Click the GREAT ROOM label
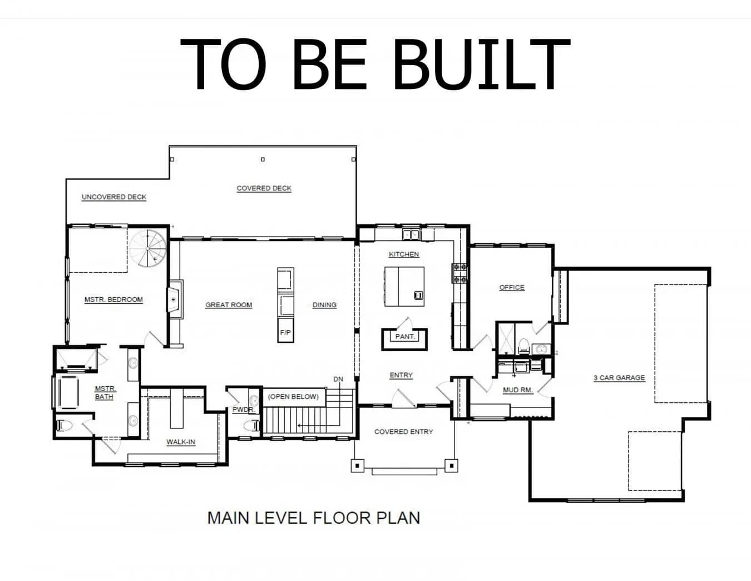point(229,305)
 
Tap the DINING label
point(324,305)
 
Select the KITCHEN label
point(404,254)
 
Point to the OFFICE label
point(512,287)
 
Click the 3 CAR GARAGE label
point(619,378)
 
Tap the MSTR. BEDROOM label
point(113,299)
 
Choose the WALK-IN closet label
point(181,442)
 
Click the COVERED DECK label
point(264,188)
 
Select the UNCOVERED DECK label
point(114,197)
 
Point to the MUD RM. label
point(518,390)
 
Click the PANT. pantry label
point(405,336)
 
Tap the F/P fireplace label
point(285,332)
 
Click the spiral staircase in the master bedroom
point(148,248)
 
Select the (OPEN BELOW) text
point(293,396)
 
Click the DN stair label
point(338,379)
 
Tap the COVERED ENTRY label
point(404,432)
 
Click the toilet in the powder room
point(251,425)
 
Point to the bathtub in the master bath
point(67,392)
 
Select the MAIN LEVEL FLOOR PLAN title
point(313,518)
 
